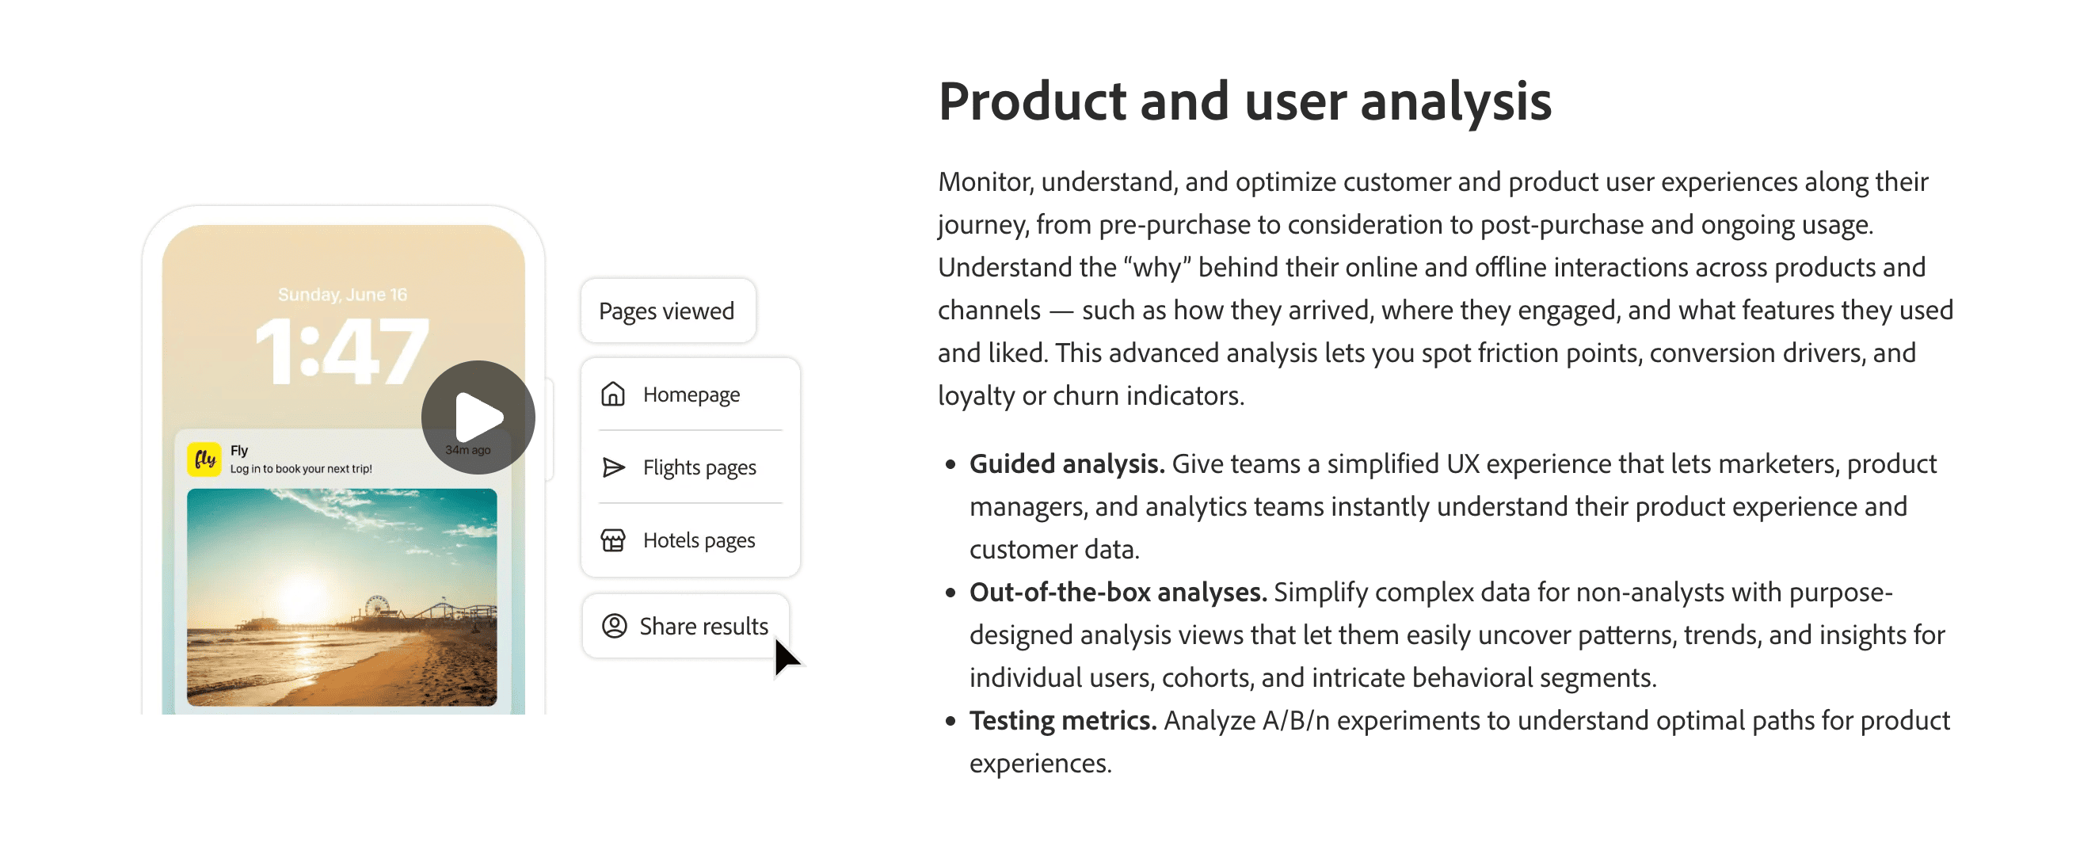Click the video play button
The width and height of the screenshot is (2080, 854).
pos(478,417)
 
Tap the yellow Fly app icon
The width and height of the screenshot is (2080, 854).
pos(204,459)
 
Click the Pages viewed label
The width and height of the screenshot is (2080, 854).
pos(666,311)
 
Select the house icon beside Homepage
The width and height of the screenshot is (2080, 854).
pos(613,395)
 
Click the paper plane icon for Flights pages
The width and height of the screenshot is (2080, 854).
pos(614,467)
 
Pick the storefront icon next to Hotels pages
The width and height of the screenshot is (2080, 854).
pos(613,539)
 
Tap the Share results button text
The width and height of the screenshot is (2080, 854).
pos(703,626)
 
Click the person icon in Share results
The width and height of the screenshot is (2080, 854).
pos(615,626)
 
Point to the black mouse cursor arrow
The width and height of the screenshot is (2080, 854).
pos(785,657)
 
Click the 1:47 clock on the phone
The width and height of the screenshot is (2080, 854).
pos(342,351)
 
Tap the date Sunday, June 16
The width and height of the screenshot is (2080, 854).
pos(342,295)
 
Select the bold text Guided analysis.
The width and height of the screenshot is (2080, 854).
pos(1067,463)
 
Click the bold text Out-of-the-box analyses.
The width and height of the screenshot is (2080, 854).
pos(1118,593)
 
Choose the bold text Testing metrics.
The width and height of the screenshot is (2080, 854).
pos(1063,721)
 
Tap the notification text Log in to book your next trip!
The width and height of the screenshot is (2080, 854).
pos(301,469)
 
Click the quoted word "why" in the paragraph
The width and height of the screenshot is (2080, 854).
pos(1157,268)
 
